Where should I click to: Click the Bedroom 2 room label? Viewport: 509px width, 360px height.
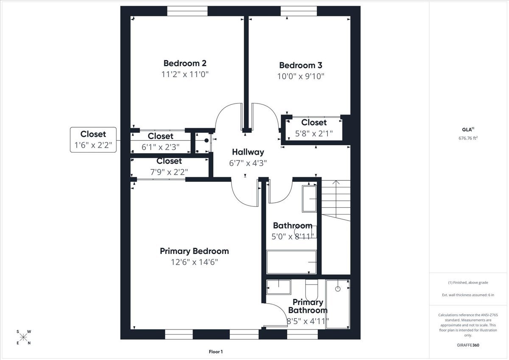185,63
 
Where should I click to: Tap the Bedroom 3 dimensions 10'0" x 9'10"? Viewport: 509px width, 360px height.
301,76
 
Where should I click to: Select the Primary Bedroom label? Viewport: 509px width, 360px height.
194,251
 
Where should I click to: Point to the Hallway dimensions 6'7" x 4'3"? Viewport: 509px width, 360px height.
248,163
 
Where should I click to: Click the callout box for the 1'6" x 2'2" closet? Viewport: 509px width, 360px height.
93,140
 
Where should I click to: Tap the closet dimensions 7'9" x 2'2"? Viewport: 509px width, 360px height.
169,172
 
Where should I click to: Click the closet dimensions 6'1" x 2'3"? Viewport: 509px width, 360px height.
160,147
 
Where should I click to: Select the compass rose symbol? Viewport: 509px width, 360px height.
23,337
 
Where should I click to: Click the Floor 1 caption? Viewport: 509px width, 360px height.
215,352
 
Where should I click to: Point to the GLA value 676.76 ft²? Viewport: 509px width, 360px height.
468,138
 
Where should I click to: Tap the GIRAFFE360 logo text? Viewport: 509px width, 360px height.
468,345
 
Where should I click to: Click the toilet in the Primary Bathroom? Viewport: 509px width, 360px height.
311,290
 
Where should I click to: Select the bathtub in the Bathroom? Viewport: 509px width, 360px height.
291,262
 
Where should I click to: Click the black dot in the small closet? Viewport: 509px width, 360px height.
206,140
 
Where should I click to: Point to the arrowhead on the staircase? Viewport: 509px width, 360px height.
336,182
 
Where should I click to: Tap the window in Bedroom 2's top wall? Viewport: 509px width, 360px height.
187,11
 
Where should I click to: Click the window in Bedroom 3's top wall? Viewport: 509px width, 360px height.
299,11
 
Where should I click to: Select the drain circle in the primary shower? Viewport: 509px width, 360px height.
338,289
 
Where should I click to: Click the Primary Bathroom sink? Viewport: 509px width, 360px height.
279,287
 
